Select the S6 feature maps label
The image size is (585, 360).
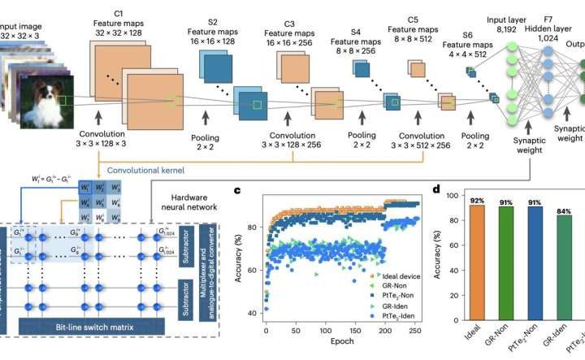pyautogui.click(x=467, y=35)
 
